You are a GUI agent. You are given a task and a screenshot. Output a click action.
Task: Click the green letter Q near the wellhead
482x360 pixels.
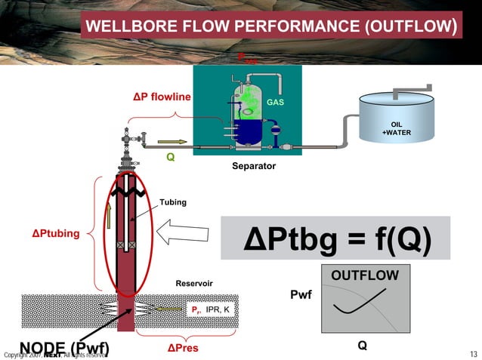[171, 158]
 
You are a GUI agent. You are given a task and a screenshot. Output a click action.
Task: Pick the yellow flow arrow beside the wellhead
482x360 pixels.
[171, 141]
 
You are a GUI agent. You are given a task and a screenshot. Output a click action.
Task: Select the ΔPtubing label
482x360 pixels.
[55, 233]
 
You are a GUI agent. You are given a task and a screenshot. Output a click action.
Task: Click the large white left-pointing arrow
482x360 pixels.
[183, 238]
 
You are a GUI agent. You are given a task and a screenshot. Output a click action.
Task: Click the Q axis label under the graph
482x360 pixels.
[363, 345]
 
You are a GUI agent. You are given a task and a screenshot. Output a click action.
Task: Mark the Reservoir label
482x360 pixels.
[194, 283]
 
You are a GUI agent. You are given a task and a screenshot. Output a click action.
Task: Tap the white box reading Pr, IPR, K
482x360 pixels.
[211, 309]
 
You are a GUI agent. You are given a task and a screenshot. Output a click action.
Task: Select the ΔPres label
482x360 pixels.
[182, 348]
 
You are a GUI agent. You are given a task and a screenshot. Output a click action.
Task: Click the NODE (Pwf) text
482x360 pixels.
[64, 348]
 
